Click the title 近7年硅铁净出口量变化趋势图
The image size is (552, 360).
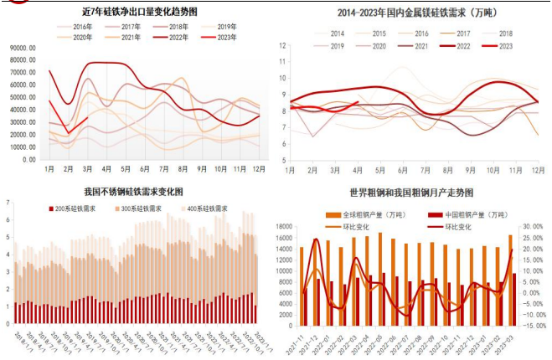click(140, 12)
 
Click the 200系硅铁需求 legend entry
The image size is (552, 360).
click(82, 207)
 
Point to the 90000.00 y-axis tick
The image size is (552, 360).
click(20, 49)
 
